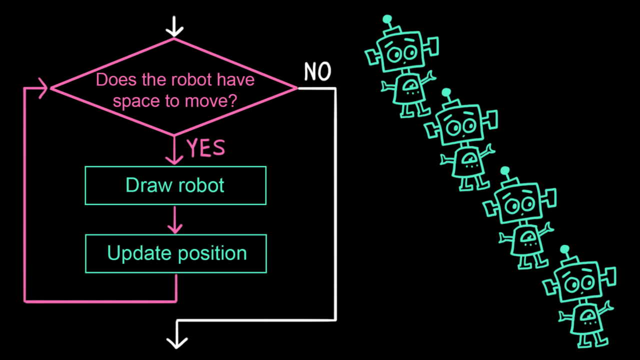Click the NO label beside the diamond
click(x=317, y=72)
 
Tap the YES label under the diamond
click(x=206, y=148)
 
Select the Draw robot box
click(x=175, y=185)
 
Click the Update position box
click(x=176, y=253)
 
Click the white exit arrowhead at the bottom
click(x=177, y=342)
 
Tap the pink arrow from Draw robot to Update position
click(x=175, y=220)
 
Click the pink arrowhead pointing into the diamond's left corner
click(x=44, y=88)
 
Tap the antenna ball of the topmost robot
click(x=387, y=19)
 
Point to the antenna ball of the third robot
click(x=505, y=171)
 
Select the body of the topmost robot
click(x=409, y=88)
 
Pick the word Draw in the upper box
click(x=144, y=185)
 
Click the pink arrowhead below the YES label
click(x=174, y=159)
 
